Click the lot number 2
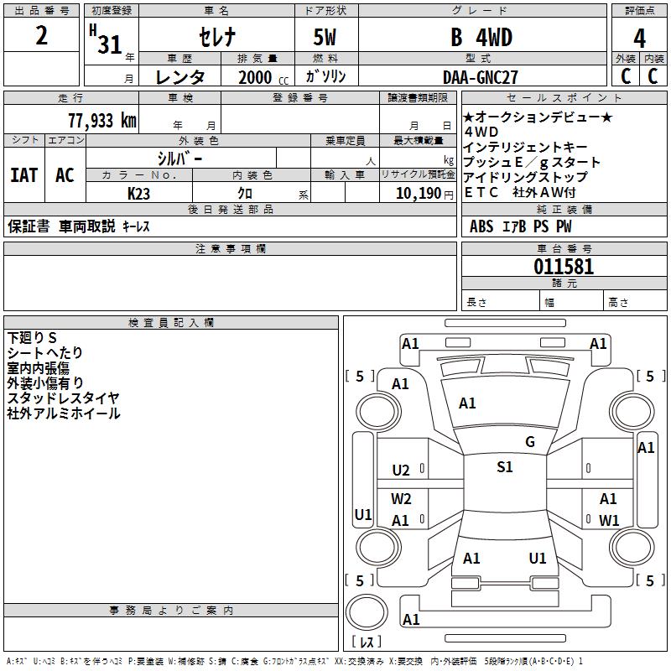[42, 37]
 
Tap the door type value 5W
[325, 39]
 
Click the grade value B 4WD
[481, 39]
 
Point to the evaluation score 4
[640, 39]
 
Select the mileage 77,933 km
[100, 121]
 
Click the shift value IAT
[23, 175]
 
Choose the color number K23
[138, 193]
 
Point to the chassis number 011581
[564, 268]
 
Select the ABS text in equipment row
[481, 226]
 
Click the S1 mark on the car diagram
[505, 467]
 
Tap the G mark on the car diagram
[530, 442]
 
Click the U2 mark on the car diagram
[401, 471]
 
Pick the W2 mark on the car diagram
[401, 499]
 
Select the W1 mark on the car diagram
[609, 520]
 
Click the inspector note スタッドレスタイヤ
[63, 398]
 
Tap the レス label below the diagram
[366, 642]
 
